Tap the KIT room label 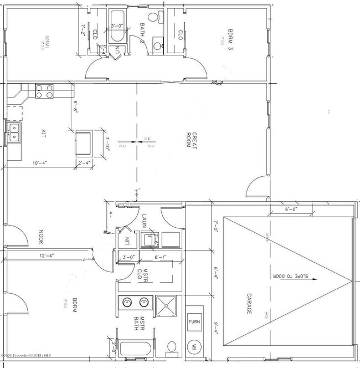click(x=43, y=133)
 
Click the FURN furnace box click(x=194, y=322)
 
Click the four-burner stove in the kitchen click(x=44, y=91)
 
